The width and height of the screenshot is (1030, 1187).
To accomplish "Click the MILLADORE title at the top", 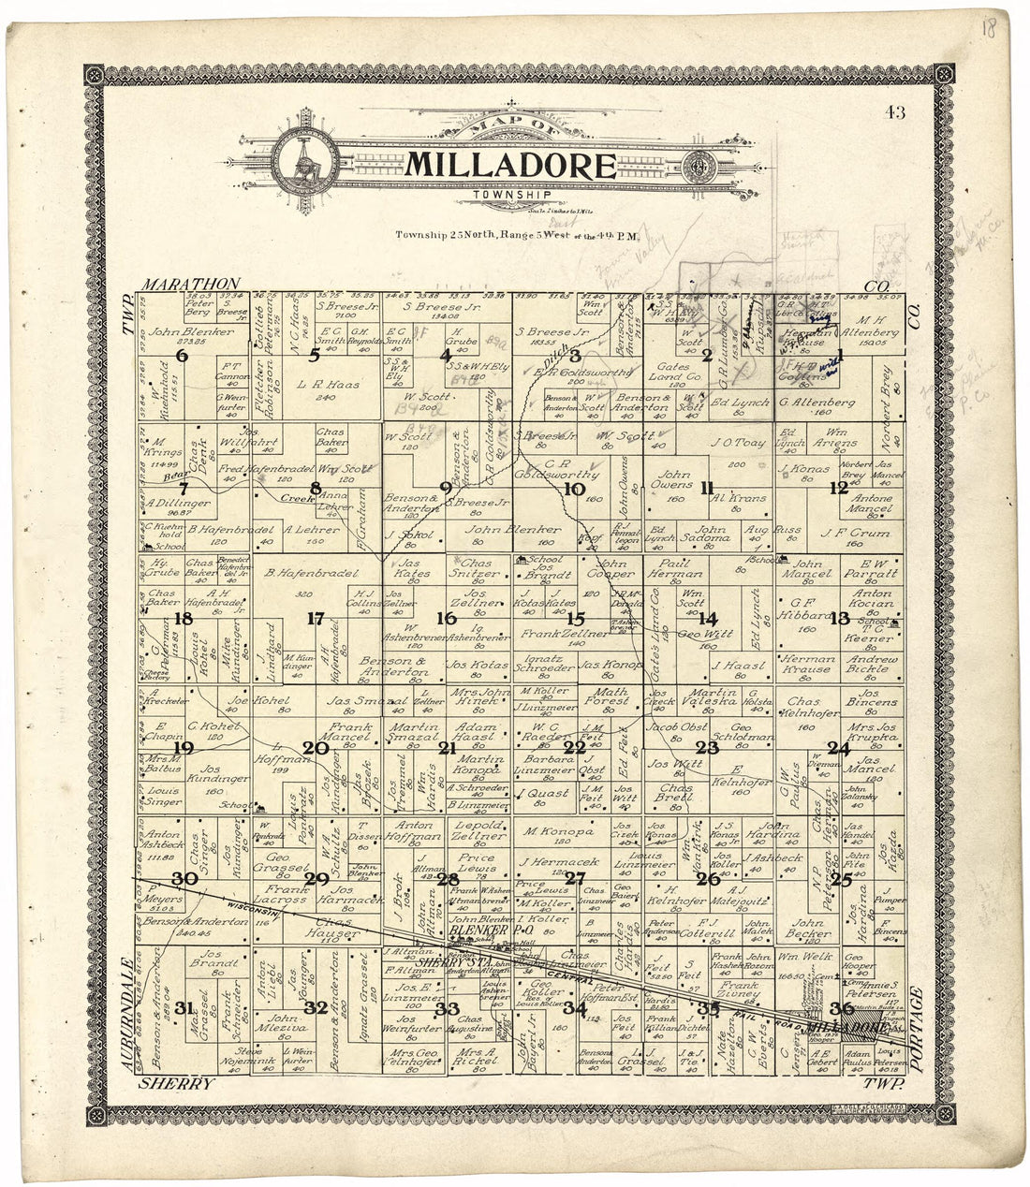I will tap(510, 166).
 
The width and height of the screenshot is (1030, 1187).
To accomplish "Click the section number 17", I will tap(316, 618).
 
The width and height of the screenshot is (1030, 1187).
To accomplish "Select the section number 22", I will tap(574, 747).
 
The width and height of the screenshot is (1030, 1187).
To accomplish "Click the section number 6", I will tap(182, 355).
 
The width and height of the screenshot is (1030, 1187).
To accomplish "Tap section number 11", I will tap(707, 487).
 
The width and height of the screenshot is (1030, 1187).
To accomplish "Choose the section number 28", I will tap(448, 878).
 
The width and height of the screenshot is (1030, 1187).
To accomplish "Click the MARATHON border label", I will tap(191, 284).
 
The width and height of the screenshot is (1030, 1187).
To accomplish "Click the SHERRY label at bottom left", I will tap(176, 1083).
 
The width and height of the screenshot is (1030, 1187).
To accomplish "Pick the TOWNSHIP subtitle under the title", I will tap(511, 195).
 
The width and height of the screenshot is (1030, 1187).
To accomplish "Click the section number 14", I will tap(708, 618).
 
